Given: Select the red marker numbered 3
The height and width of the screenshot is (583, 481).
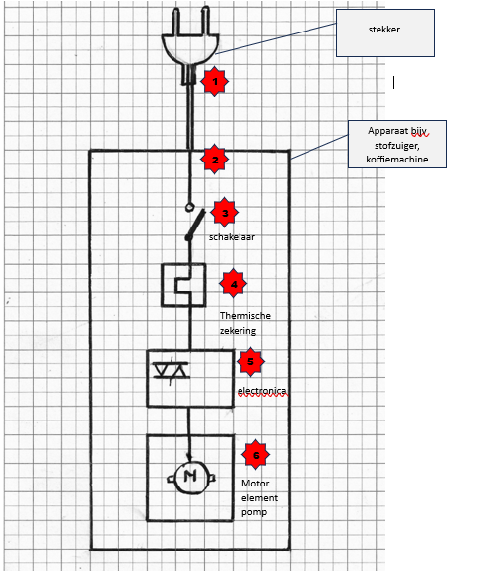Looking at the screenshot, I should tap(225, 212).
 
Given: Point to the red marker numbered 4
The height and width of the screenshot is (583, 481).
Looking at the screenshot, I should tap(233, 285).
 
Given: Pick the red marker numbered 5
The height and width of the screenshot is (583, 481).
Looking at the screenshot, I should tap(251, 362).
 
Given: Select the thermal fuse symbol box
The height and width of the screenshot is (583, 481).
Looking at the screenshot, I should tap(182, 285).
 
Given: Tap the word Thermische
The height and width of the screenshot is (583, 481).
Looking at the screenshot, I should tap(244, 315).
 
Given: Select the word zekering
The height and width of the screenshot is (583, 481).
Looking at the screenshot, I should tap(240, 332).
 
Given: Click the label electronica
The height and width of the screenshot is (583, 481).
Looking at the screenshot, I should tap(262, 391).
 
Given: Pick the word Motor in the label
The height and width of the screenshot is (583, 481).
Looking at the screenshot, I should tap(254, 484).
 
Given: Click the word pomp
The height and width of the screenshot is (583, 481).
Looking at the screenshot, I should tap(253, 513).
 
